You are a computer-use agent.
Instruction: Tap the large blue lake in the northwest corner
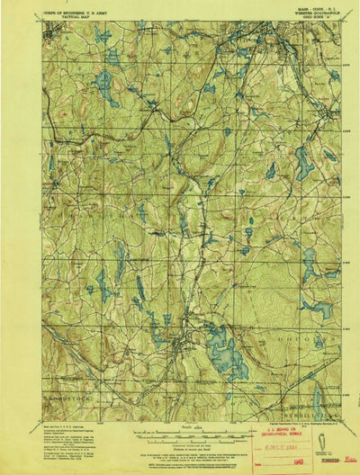103,87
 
